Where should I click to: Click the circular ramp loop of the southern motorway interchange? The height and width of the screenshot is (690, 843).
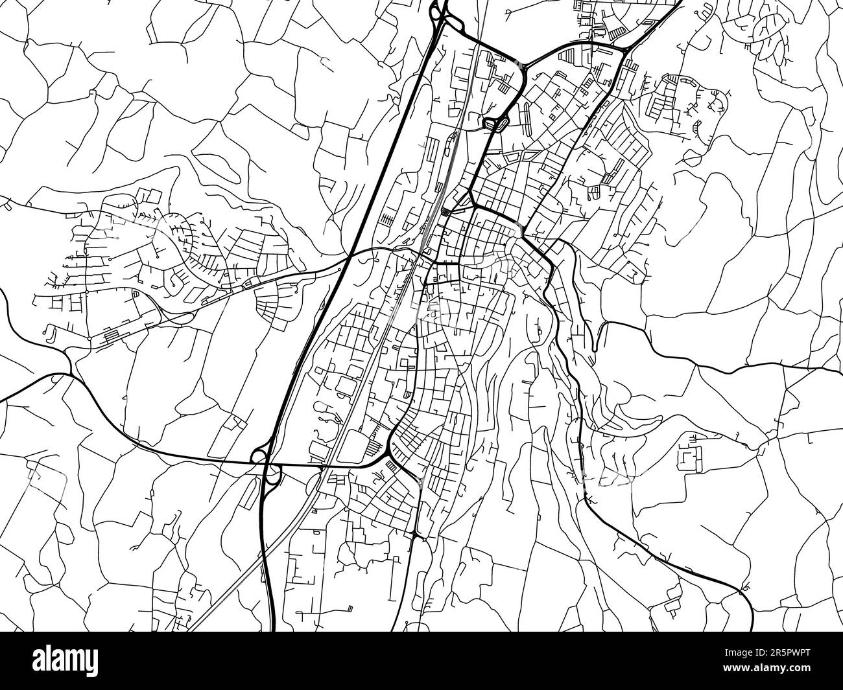pyautogui.click(x=259, y=457)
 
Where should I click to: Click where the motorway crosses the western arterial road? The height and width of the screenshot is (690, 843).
pyautogui.click(x=349, y=257)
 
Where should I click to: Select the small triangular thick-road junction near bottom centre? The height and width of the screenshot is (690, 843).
pyautogui.click(x=416, y=533)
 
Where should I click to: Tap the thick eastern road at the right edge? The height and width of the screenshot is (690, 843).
pyautogui.click(x=837, y=371)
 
